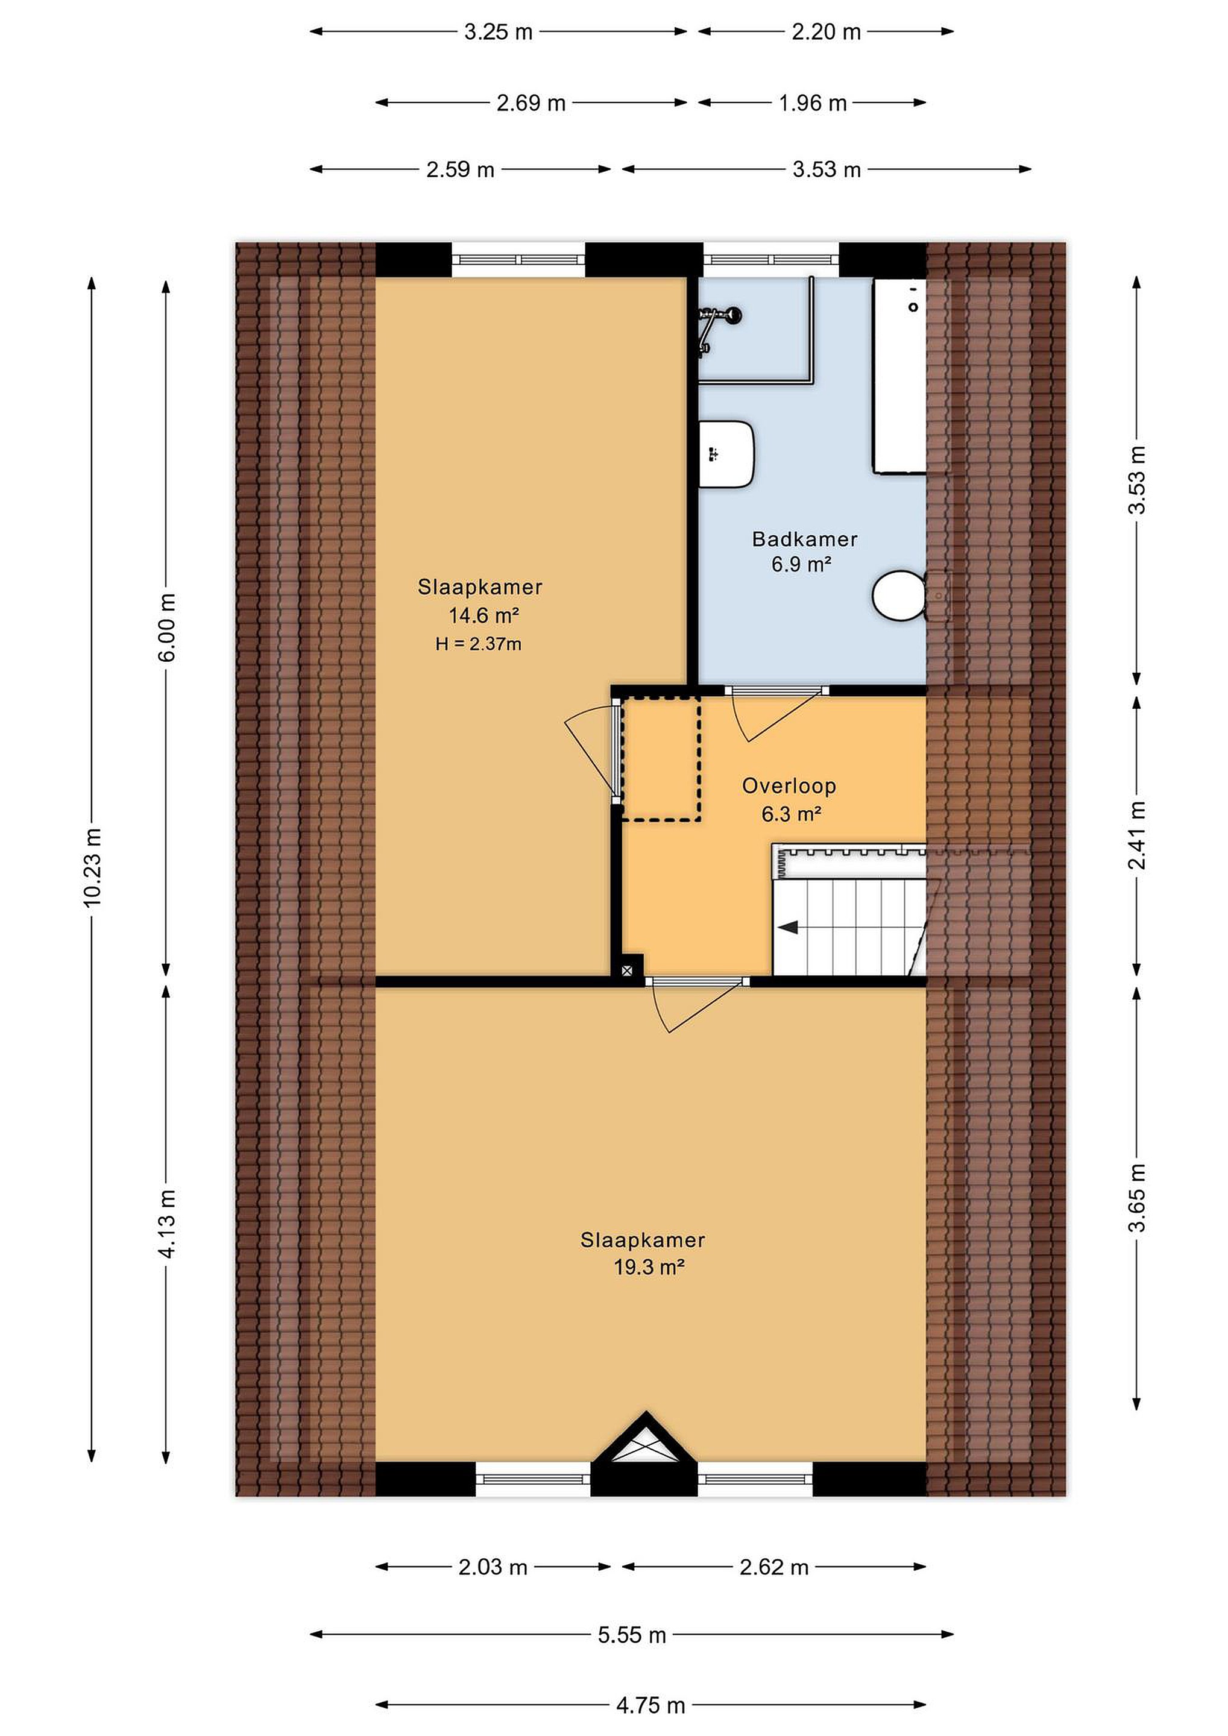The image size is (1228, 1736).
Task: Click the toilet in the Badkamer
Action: pyautogui.click(x=900, y=595)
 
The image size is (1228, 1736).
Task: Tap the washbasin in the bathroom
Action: pyautogui.click(x=726, y=454)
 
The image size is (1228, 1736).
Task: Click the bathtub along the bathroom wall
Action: pyautogui.click(x=900, y=376)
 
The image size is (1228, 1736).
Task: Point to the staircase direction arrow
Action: pyautogui.click(x=788, y=927)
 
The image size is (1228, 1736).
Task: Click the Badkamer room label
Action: pyautogui.click(x=805, y=539)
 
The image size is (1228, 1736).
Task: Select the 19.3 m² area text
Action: pyautogui.click(x=649, y=1266)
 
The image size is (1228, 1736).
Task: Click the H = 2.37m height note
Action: pyautogui.click(x=478, y=644)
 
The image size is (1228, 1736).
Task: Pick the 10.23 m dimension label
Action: pyautogui.click(x=92, y=867)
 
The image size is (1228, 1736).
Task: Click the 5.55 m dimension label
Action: pyautogui.click(x=631, y=1635)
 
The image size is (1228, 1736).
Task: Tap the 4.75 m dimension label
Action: pyautogui.click(x=650, y=1705)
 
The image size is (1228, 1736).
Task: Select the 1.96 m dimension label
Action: pyautogui.click(x=812, y=103)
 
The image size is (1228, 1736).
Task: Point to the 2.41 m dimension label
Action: pyautogui.click(x=1136, y=835)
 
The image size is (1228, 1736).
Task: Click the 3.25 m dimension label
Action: pyautogui.click(x=499, y=32)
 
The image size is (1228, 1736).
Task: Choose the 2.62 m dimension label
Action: pyautogui.click(x=774, y=1567)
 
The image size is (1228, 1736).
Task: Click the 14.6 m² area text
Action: pyautogui.click(x=483, y=615)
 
